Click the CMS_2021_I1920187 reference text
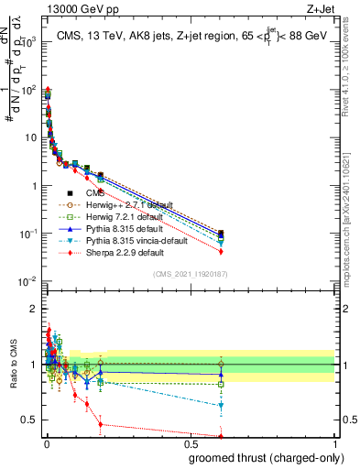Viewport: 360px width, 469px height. coord(190,274)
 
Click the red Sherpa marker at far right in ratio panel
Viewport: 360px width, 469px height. coord(221,436)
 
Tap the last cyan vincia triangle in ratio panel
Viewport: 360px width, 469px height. coord(221,406)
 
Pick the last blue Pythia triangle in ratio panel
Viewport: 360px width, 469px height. coord(221,375)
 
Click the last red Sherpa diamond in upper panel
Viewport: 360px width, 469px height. coord(221,252)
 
